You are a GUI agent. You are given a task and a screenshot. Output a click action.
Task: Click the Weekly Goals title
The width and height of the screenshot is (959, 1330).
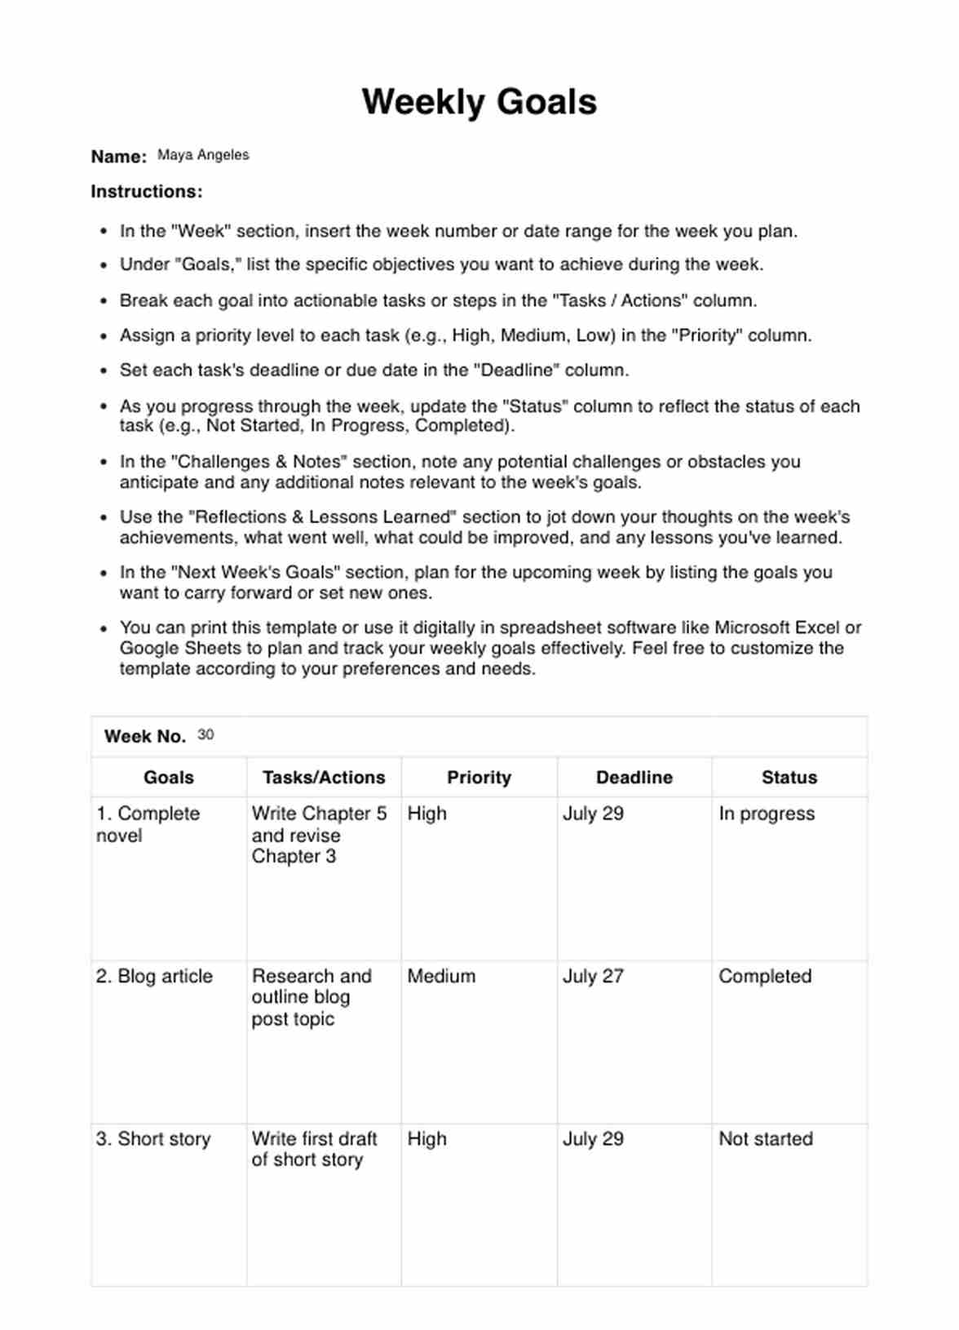click(479, 102)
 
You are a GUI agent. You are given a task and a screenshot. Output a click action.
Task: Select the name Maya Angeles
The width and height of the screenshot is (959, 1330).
click(203, 155)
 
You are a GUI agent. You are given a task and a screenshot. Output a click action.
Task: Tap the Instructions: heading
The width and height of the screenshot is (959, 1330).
click(147, 192)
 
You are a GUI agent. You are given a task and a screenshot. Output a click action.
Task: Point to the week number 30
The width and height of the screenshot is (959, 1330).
click(205, 735)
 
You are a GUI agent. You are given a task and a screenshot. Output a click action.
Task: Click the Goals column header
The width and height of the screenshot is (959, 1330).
click(169, 778)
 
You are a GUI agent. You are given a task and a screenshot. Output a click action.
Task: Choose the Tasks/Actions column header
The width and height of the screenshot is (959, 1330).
click(324, 778)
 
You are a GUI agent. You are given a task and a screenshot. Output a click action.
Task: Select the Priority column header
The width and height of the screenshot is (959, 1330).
click(479, 778)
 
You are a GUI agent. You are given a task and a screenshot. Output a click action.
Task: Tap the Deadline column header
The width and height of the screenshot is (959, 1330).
click(634, 778)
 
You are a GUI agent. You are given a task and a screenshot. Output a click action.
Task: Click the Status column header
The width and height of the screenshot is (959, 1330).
click(789, 778)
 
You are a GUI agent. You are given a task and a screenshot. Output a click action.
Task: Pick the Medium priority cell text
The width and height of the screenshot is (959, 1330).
click(441, 976)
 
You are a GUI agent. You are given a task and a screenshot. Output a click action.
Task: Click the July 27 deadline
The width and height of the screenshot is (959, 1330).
click(593, 976)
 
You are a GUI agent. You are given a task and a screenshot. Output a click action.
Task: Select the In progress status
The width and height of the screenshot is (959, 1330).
click(767, 814)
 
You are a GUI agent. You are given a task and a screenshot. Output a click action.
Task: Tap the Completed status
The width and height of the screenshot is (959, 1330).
click(765, 976)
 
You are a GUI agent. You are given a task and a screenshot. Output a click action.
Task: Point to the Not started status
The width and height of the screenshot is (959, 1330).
click(766, 1139)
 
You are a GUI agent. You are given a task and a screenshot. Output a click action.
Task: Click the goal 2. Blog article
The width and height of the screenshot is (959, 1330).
click(154, 976)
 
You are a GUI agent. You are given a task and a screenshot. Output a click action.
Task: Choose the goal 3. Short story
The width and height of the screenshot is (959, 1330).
click(153, 1139)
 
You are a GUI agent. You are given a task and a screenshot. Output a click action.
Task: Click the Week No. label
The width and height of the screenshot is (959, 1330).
click(145, 737)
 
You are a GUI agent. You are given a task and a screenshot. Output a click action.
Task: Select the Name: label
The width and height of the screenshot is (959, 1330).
click(119, 157)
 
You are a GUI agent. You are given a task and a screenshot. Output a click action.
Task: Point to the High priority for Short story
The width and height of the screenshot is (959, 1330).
click(427, 1139)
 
